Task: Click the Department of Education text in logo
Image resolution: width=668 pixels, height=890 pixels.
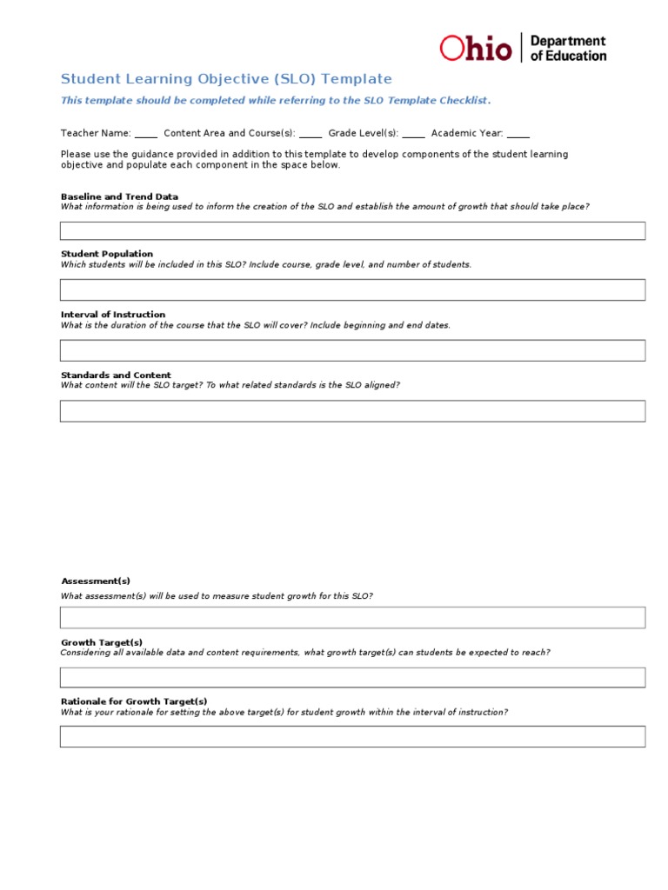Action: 568,48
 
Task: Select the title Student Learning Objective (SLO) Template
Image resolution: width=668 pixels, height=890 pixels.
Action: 226,79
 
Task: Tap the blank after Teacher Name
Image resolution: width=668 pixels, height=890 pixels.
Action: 146,135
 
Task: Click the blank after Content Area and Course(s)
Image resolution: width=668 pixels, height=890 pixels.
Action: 311,135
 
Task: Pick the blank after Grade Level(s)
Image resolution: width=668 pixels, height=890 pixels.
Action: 414,135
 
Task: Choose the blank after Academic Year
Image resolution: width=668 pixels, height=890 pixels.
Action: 518,135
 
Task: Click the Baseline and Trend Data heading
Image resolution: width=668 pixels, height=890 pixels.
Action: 119,196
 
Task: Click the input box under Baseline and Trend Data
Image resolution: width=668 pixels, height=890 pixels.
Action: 352,230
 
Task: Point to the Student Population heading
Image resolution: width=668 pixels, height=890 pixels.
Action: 107,254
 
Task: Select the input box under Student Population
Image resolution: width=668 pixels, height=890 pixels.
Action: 352,289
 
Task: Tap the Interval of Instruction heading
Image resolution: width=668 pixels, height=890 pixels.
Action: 113,315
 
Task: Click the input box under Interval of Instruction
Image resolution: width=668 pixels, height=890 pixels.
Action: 352,350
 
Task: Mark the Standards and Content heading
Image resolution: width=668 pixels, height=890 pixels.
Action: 116,375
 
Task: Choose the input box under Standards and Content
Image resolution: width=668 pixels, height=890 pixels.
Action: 352,411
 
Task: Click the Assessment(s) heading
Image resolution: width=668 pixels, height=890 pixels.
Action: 96,581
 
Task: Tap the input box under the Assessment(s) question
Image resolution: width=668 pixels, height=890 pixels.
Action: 352,617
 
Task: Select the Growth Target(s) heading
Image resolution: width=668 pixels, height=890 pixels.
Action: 102,642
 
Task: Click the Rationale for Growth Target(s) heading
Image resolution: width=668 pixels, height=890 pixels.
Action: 134,701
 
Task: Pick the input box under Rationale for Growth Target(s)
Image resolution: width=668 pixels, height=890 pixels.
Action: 352,736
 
